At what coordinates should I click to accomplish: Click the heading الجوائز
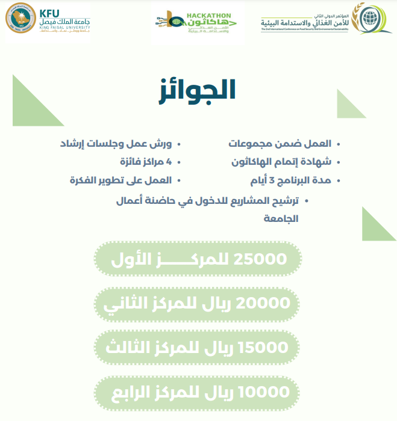click(x=197, y=90)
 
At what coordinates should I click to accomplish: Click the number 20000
click(x=265, y=304)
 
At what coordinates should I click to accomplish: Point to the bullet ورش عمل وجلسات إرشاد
click(x=116, y=144)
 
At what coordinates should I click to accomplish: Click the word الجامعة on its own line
click(x=281, y=219)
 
